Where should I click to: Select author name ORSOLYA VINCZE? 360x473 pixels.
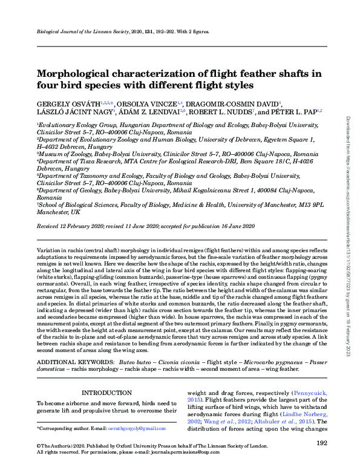point(147,104)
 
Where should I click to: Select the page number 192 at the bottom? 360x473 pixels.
point(322,444)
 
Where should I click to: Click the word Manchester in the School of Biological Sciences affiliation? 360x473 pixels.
point(51,214)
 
